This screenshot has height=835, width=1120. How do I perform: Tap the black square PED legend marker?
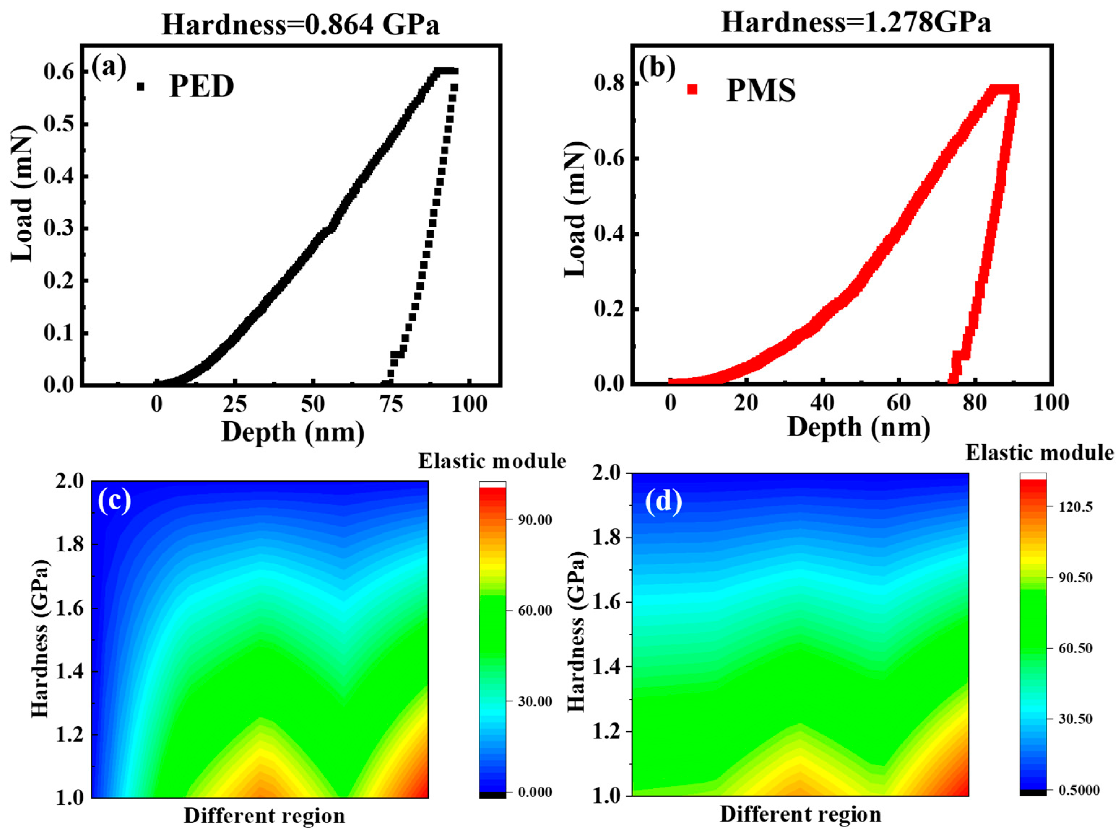pyautogui.click(x=140, y=87)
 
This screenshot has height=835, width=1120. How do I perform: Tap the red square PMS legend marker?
pyautogui.click(x=692, y=90)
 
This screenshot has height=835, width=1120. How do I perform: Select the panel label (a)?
pyautogui.click(x=109, y=67)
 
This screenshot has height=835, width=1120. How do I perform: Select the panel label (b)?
pyautogui.click(x=658, y=68)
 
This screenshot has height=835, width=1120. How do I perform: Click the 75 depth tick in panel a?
pyautogui.click(x=391, y=405)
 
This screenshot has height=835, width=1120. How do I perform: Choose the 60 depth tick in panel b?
pyautogui.click(x=899, y=403)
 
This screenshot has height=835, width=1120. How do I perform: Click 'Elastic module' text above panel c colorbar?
pyautogui.click(x=492, y=461)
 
